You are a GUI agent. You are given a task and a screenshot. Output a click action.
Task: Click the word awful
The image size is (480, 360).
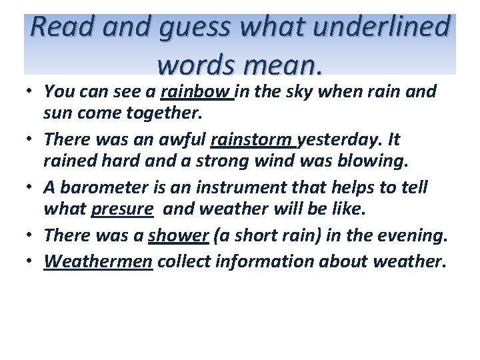(x=180, y=141)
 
